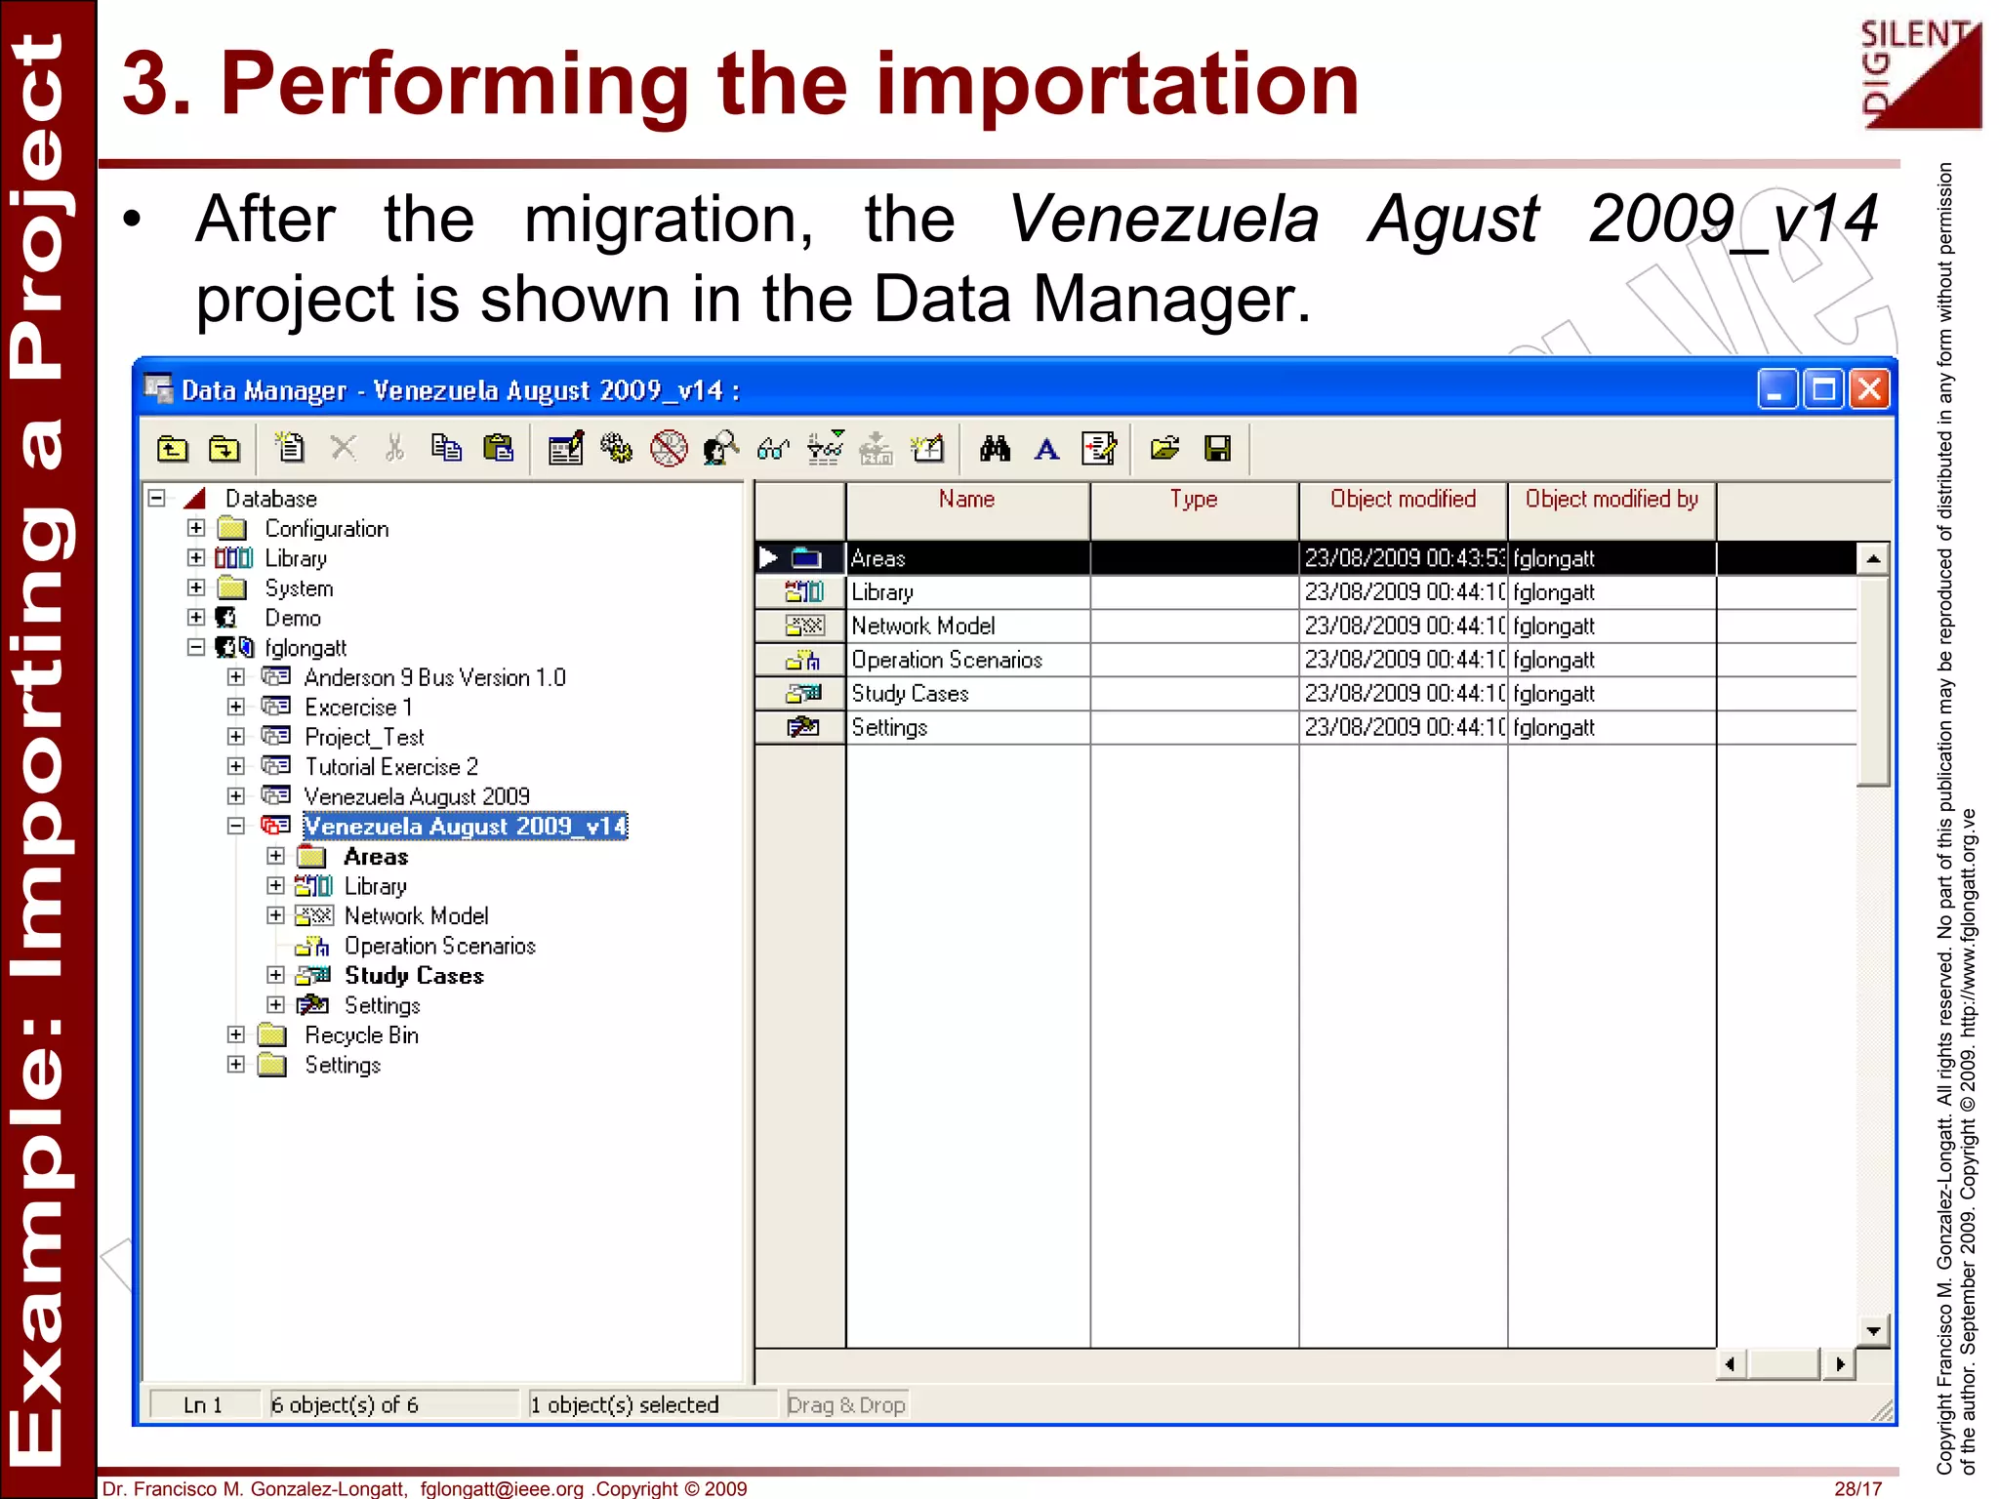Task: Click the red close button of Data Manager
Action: (1869, 389)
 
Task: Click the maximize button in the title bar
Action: (1823, 389)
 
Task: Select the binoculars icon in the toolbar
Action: (995, 449)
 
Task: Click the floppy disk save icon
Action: (1217, 449)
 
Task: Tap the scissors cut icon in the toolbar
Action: (394, 449)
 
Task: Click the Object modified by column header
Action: (1611, 500)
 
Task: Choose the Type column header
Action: (1194, 500)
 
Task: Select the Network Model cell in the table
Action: (923, 626)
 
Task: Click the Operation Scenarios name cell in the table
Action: (947, 660)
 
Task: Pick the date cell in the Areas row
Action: (1403, 558)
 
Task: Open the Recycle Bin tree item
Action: (361, 1035)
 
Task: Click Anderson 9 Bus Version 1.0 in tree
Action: (434, 677)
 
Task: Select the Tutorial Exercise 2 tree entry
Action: (391, 767)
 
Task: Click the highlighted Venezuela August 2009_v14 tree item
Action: (465, 827)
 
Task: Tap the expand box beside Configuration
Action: (196, 528)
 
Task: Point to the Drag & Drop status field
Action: (846, 1404)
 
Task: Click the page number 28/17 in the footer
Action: (1857, 1488)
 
